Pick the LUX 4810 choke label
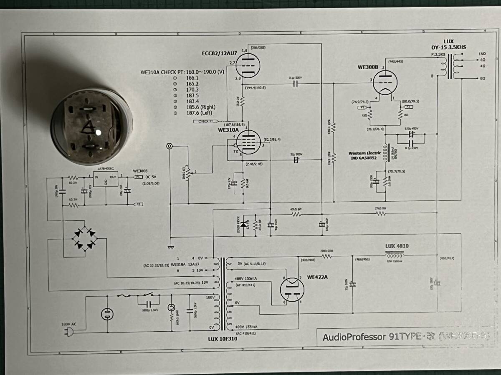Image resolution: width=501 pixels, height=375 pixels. click(397, 246)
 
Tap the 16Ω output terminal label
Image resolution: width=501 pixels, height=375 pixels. click(483, 54)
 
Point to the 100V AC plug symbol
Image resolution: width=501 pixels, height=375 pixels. click(69, 332)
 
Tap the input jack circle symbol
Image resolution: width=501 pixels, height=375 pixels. click(170, 146)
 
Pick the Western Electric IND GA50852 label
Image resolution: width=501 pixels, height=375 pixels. click(364, 155)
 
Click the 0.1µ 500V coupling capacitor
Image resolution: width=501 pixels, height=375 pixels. click(295, 84)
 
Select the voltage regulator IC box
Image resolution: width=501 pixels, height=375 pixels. click(106, 180)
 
